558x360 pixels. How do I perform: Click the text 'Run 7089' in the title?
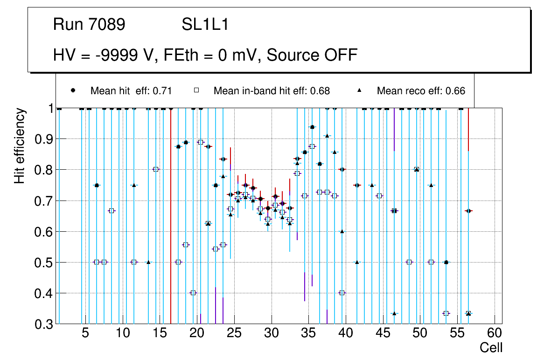pyautogui.click(x=89, y=25)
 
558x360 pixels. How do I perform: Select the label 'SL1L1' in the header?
pyautogui.click(x=205, y=25)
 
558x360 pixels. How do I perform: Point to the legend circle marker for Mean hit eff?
pyautogui.click(x=73, y=90)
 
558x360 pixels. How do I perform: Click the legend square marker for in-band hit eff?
pyautogui.click(x=196, y=90)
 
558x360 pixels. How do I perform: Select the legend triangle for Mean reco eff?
pyautogui.click(x=360, y=90)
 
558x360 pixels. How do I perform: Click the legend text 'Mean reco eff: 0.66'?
pyautogui.click(x=421, y=91)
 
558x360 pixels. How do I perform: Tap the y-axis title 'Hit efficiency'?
pyautogui.click(x=20, y=146)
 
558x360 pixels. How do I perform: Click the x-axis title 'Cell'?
pyautogui.click(x=491, y=347)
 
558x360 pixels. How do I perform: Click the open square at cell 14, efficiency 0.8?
pyautogui.click(x=156, y=169)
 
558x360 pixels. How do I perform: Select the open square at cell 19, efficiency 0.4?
pyautogui.click(x=193, y=293)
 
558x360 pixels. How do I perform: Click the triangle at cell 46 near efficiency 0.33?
pyautogui.click(x=394, y=313)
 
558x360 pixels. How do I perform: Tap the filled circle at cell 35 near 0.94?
pyautogui.click(x=312, y=127)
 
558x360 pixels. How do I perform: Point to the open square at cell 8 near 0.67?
pyautogui.click(x=112, y=211)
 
